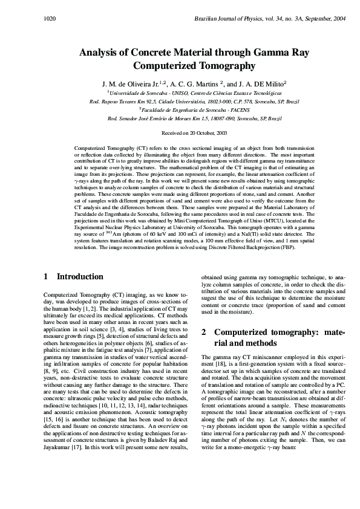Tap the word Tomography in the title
225,65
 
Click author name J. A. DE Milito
255,83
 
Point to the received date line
180,131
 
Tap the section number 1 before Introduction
46,276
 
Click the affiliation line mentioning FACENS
179,110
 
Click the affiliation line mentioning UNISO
179,92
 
